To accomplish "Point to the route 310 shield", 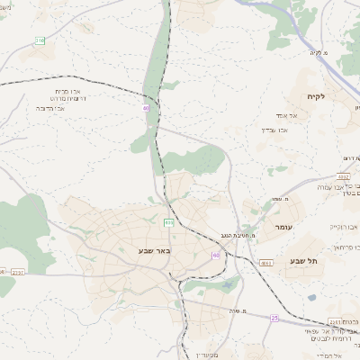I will (x=40, y=40).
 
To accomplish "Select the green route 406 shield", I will (x=168, y=220).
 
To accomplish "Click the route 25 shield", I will (x=274, y=317).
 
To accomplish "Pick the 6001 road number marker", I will (x=266, y=263).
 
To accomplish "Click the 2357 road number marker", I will (x=18, y=272).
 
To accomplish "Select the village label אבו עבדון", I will (x=275, y=130).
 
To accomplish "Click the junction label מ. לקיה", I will (x=315, y=52).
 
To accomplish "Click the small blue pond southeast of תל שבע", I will (x=311, y=298).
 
